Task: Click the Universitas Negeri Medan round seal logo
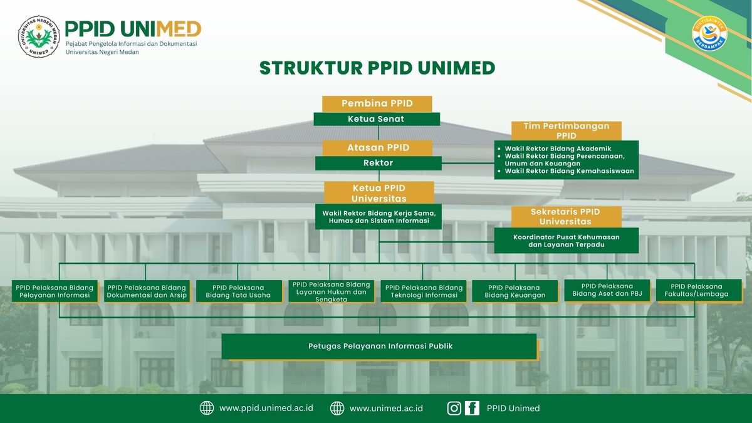[39, 36]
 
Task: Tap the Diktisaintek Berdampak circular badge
[709, 34]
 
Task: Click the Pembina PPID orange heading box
[377, 104]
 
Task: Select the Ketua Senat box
[377, 119]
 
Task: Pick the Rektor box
[379, 163]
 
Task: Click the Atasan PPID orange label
[378, 148]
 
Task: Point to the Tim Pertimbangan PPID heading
[567, 131]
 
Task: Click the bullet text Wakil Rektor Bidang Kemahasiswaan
[570, 171]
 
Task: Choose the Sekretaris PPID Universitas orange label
[567, 217]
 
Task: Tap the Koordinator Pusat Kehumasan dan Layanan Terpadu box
[567, 241]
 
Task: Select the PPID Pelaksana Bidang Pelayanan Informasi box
[55, 291]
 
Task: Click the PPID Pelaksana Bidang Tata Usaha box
[239, 291]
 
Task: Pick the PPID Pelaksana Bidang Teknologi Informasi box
[424, 291]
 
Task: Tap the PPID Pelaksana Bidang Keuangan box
[515, 291]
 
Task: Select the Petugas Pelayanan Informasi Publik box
[379, 346]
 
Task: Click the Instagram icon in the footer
[454, 408]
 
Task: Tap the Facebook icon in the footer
[472, 408]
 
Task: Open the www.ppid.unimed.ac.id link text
[266, 408]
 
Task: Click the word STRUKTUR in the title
[311, 68]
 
